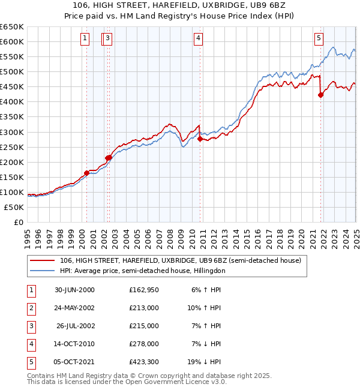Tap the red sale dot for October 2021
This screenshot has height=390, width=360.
click(x=321, y=94)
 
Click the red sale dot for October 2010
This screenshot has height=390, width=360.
click(x=200, y=139)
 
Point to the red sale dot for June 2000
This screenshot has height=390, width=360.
click(x=86, y=173)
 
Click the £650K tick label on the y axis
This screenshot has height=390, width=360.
click(x=12, y=27)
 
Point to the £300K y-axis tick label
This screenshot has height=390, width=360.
click(x=12, y=132)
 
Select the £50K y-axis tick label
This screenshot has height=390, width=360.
click(x=14, y=207)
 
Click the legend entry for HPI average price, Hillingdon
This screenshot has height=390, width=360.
click(x=142, y=271)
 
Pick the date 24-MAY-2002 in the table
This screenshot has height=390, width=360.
click(x=74, y=308)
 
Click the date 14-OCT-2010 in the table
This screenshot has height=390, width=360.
click(x=74, y=344)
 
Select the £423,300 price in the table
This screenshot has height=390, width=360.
click(x=144, y=362)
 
